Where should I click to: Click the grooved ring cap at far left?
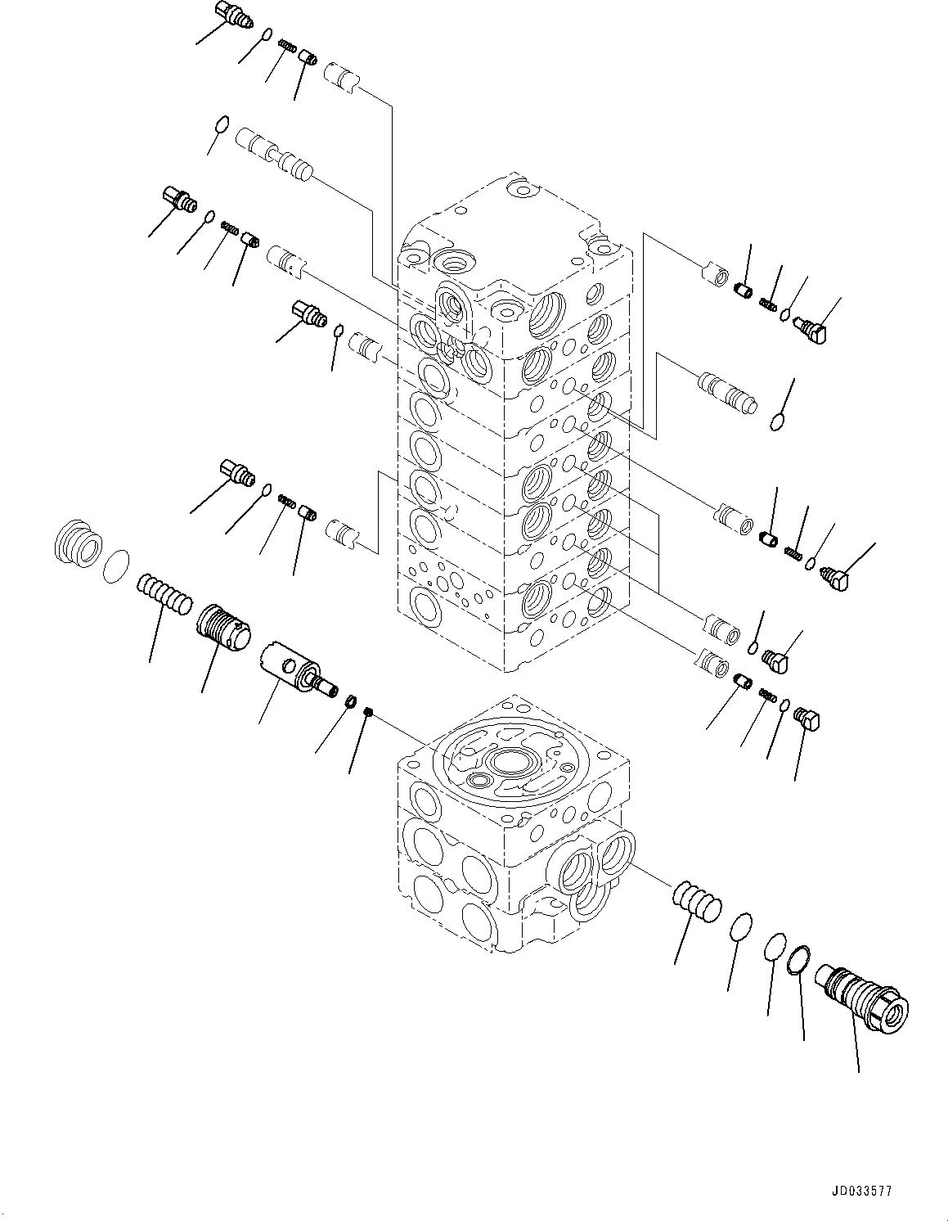pyautogui.click(x=79, y=543)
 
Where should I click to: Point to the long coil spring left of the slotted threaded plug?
pyautogui.click(x=164, y=592)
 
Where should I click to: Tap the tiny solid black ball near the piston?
pyautogui.click(x=370, y=713)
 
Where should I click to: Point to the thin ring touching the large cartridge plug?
pyautogui.click(x=800, y=959)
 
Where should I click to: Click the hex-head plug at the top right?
pyautogui.click(x=811, y=331)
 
